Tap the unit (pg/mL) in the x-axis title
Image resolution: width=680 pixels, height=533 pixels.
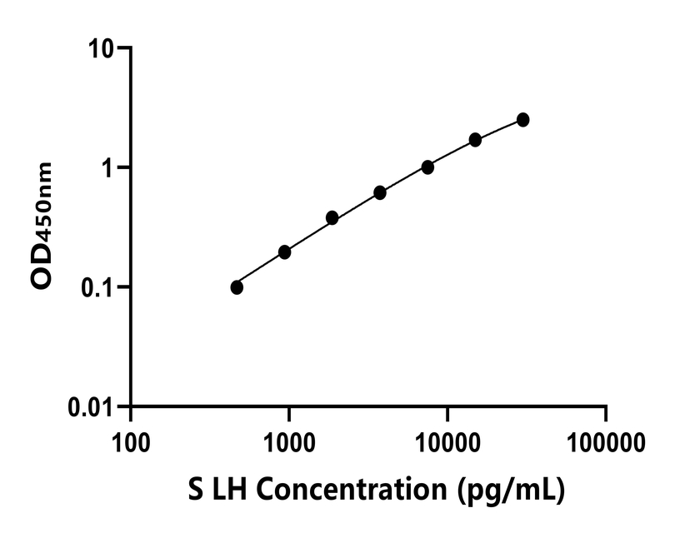514,490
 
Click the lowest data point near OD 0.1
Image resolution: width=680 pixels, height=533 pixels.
237,287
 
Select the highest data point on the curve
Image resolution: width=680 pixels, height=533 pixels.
522,120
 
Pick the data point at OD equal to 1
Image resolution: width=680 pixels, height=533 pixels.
427,167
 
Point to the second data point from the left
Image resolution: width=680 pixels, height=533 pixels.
284,252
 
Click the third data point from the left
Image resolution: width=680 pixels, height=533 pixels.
332,218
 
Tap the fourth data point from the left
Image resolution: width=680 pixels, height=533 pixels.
380,192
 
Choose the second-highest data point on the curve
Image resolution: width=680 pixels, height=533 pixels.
475,140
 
